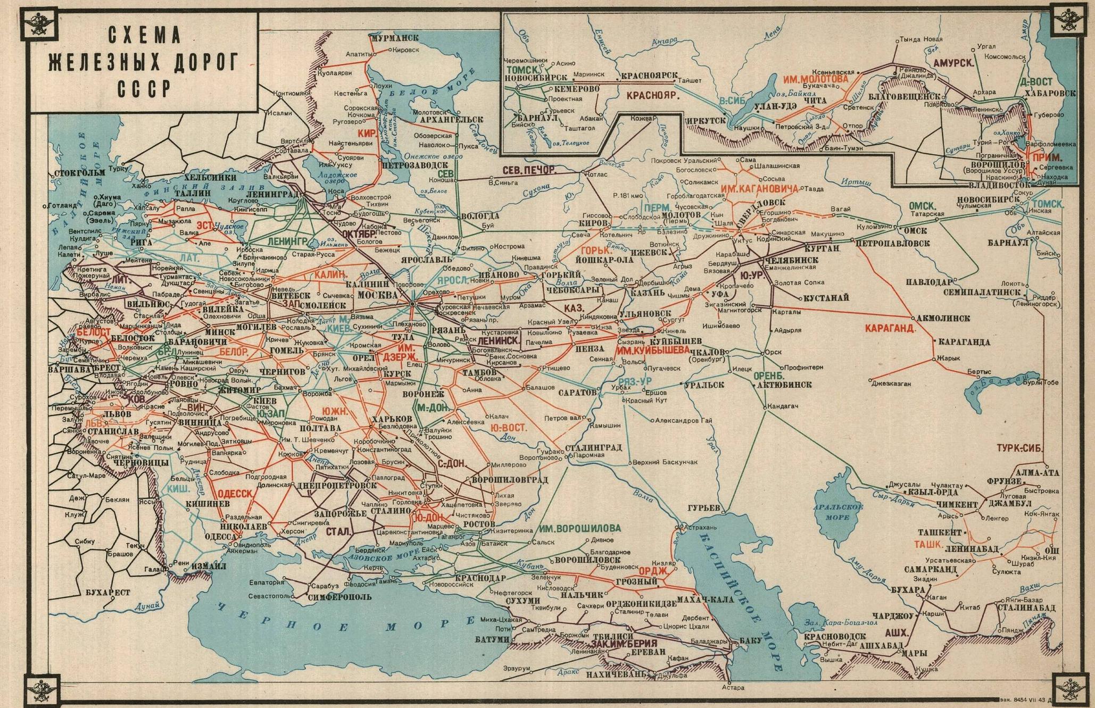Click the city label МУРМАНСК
click(x=395, y=38)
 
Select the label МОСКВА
click(x=378, y=294)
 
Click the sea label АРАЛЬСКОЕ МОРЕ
click(x=839, y=511)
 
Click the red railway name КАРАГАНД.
click(x=890, y=328)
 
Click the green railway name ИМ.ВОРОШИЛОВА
click(x=579, y=528)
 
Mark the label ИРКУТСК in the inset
click(x=706, y=121)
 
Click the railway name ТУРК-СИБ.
click(x=1020, y=448)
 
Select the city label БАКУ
click(x=751, y=640)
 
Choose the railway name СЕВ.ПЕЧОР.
click(x=529, y=171)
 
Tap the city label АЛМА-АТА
click(x=1038, y=472)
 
